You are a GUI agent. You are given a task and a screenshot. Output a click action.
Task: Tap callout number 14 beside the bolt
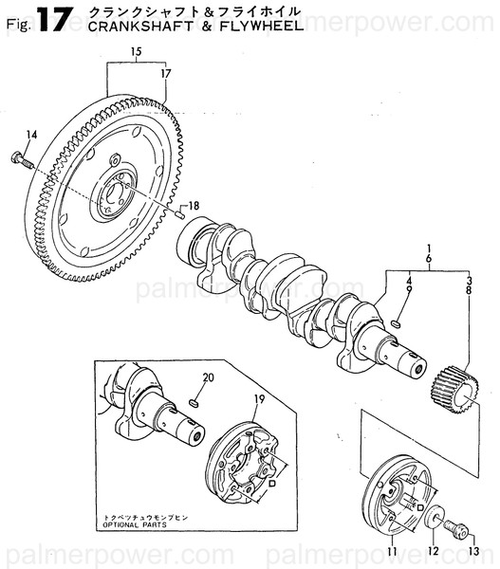(x=32, y=136)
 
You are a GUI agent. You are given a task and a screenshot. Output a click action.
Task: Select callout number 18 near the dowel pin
(x=194, y=206)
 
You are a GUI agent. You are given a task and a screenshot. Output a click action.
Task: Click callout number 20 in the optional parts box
(x=209, y=377)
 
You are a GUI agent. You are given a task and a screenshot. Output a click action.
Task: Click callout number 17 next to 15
(x=166, y=72)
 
